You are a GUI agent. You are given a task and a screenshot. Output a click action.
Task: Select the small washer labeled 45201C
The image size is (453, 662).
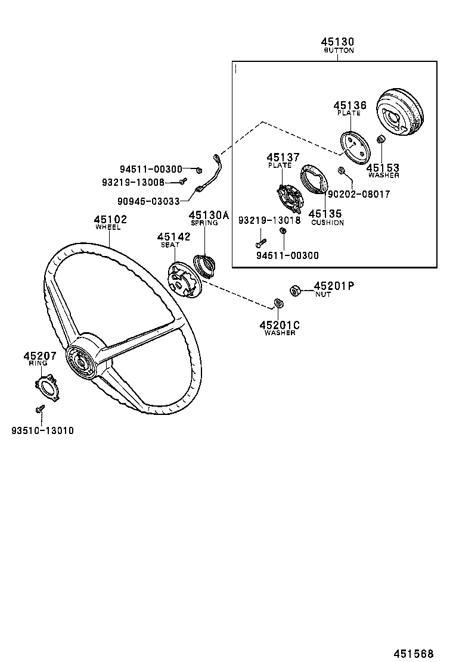[278, 304]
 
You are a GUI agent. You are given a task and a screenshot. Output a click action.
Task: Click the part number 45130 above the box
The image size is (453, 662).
[338, 42]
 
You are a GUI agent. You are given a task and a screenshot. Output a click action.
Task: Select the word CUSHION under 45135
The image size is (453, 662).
[327, 223]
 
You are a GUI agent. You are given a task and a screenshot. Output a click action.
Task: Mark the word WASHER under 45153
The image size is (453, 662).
[383, 176]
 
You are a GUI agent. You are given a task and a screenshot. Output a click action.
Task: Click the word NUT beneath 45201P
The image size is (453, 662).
[323, 294]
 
